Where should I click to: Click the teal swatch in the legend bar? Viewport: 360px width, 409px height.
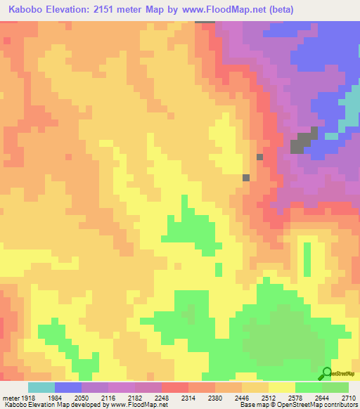(41, 387)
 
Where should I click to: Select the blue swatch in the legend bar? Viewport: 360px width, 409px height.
(68, 387)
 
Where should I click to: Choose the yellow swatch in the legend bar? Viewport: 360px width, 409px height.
(282, 387)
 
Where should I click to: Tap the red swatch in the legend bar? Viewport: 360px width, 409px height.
(175, 387)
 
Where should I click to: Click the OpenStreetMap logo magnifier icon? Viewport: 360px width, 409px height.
(327, 372)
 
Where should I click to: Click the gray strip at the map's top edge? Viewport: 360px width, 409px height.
(205, 22)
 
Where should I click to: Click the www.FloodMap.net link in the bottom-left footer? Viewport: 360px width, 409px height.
(141, 405)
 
